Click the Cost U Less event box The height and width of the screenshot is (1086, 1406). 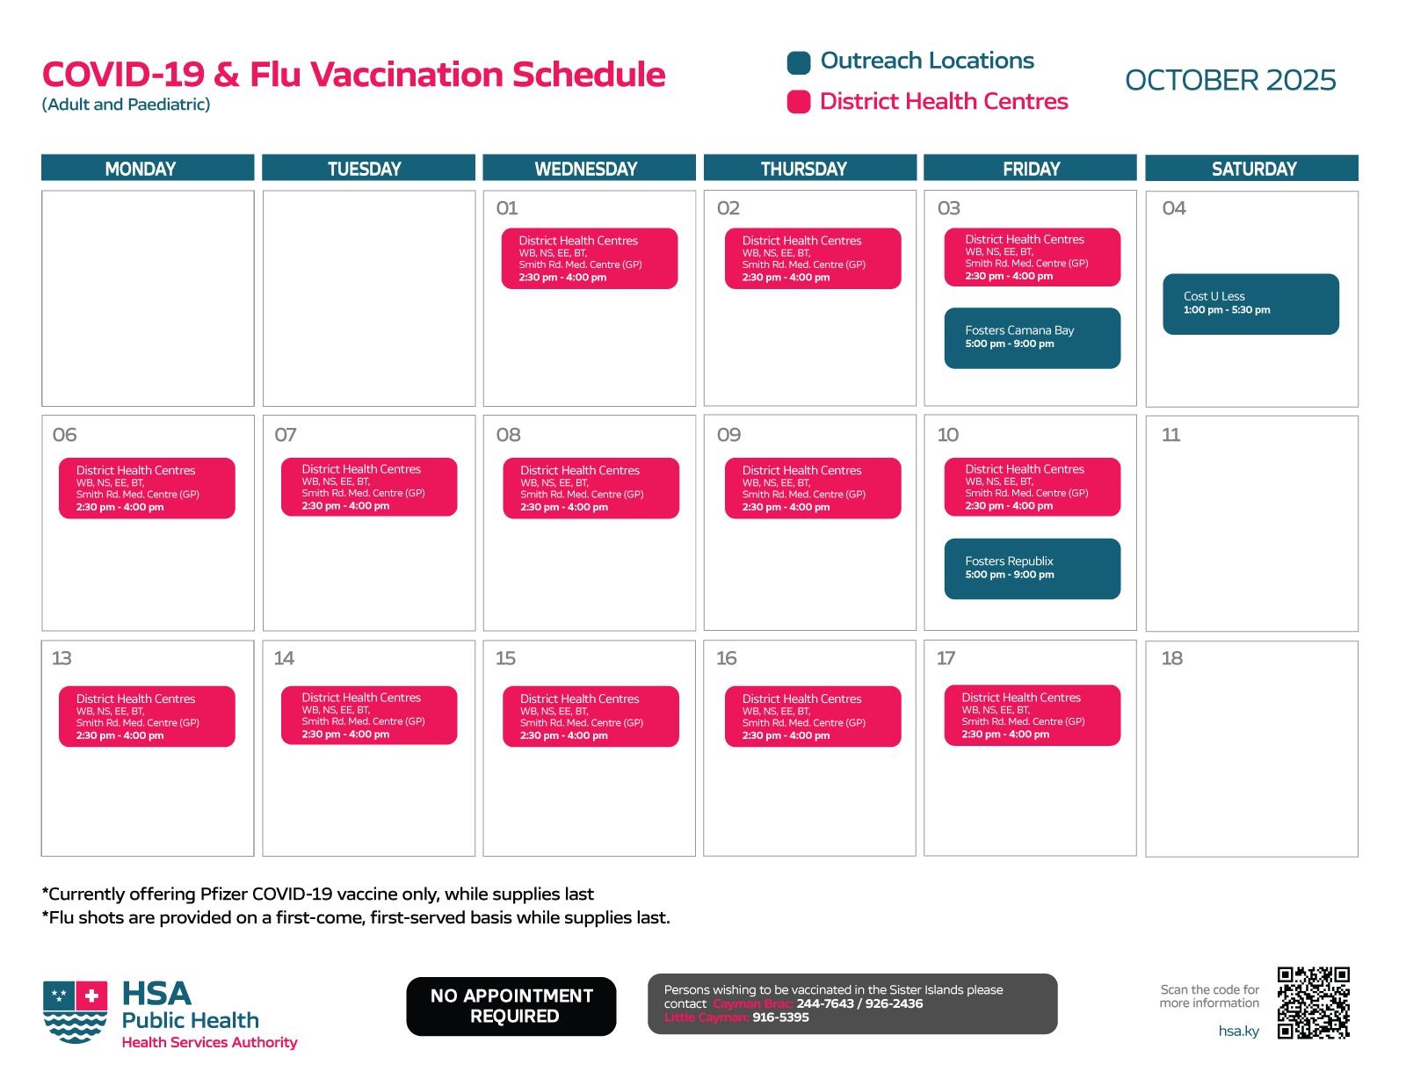[1250, 304]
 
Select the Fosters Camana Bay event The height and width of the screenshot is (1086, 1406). [1032, 337]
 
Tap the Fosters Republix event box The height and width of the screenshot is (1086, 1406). [1032, 568]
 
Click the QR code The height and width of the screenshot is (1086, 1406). [1313, 1003]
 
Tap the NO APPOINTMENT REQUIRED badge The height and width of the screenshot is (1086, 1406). [511, 1006]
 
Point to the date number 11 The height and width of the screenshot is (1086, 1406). [1170, 435]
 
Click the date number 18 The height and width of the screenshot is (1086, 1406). [1171, 658]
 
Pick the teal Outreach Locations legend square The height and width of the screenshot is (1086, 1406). [799, 62]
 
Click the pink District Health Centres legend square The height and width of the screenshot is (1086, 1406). [799, 102]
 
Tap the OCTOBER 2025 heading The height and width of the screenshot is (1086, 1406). [1229, 80]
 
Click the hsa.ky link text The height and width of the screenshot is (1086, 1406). [1238, 1032]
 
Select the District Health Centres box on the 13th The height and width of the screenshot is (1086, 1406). [147, 716]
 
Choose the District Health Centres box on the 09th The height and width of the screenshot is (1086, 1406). [812, 488]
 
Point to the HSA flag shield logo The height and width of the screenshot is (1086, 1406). [76, 1011]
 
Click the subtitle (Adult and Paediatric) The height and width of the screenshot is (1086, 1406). [127, 105]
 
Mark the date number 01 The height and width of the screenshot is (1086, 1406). [507, 208]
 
